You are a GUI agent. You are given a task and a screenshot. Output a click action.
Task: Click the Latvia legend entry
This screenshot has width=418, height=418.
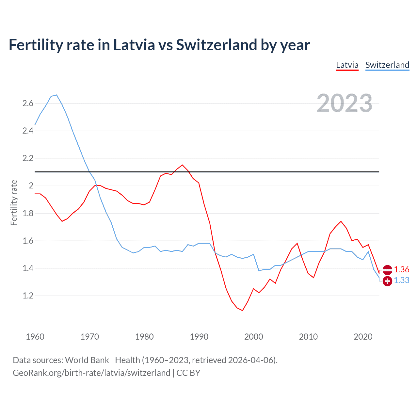point(347,65)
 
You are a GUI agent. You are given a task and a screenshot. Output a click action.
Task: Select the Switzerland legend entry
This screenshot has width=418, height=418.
point(387,65)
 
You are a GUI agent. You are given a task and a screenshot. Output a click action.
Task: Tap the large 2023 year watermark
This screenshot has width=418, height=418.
point(344,103)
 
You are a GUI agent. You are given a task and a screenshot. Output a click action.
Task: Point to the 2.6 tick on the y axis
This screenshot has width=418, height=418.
point(28,104)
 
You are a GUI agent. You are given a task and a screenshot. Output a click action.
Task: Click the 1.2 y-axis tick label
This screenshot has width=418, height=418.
point(28,296)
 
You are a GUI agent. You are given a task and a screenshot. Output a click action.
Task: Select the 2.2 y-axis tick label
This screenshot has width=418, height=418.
point(28,158)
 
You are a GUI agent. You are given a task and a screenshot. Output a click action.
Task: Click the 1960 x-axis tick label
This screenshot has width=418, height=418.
point(35,337)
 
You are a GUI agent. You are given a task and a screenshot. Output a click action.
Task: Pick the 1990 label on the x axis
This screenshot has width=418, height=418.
point(199,337)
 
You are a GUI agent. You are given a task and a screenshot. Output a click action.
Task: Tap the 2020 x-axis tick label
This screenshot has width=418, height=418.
point(363,337)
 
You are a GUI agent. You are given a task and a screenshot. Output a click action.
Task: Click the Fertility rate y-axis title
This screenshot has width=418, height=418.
point(14,202)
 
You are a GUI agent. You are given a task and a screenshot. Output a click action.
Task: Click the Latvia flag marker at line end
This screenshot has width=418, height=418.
point(387,270)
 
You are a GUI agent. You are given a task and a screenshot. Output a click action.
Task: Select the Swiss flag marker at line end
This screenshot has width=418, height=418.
point(387,281)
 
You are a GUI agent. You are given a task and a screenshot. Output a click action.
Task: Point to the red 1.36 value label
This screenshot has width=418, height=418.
point(401,269)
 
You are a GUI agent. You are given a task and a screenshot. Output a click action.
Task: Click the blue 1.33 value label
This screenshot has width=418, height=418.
point(401,281)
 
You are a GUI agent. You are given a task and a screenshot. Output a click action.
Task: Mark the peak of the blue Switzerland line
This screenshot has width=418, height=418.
point(56,95)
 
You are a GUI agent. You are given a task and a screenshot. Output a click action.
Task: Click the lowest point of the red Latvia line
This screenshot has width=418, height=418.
point(242,311)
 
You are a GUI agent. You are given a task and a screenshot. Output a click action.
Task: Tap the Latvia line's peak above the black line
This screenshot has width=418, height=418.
point(182,165)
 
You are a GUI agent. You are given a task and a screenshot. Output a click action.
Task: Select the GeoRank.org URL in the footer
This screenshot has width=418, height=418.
point(91,373)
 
